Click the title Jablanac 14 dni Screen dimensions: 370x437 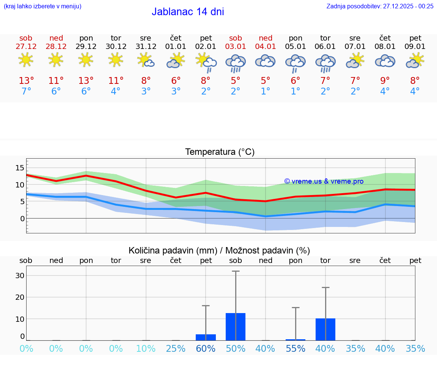coord(188,12)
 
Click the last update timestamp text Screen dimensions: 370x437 coord(380,6)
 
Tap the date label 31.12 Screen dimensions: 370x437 coord(146,46)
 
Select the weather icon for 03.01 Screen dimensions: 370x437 coord(236,63)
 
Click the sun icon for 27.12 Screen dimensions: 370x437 coord(26,60)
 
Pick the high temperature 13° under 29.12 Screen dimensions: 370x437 coord(86,81)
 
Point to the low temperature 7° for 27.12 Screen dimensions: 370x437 coord(26,91)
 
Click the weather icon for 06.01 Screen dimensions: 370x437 coord(325,63)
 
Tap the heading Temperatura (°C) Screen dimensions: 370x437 coord(220,152)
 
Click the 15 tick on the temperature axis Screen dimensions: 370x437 coord(20,168)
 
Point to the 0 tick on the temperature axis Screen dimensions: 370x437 coord(22,219)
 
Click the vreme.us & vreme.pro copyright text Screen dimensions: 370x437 coord(324,181)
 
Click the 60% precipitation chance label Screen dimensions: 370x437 coord(206,348)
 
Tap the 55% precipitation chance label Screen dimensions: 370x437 coord(296,348)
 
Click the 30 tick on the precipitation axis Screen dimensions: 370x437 coord(20,276)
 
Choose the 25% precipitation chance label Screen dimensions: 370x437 coord(176,348)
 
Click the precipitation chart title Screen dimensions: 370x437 coord(219,250)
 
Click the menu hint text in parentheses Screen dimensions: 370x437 coord(42,6)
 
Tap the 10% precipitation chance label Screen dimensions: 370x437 coord(146,348)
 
